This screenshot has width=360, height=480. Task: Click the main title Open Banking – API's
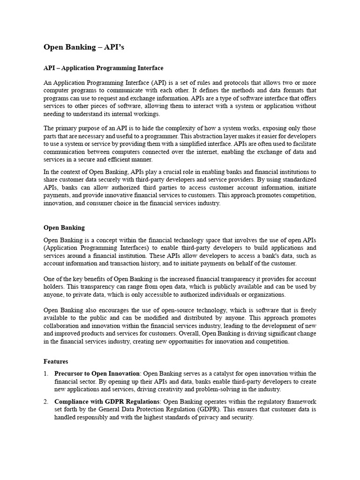pos(84,47)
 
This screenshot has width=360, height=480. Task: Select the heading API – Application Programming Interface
pos(103,68)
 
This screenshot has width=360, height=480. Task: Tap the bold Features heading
pos(56,361)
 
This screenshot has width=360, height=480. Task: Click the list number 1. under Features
pos(46,374)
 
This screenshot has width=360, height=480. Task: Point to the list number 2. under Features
pos(46,402)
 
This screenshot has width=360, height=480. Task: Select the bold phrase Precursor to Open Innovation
pos(97,374)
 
